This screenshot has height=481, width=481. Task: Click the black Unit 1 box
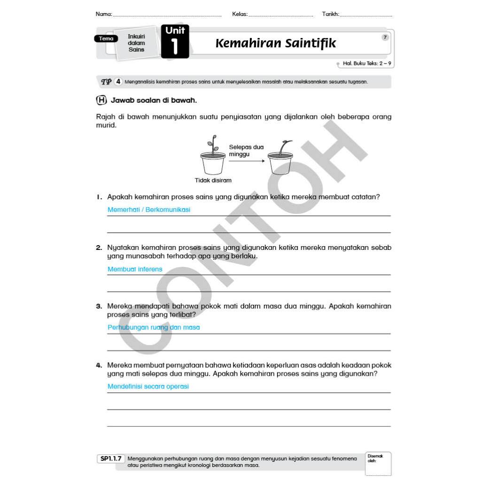click(175, 42)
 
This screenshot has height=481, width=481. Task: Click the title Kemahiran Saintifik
click(276, 44)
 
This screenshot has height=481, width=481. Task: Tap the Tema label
click(106, 39)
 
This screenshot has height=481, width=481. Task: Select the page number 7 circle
click(385, 38)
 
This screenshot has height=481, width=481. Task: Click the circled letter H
click(101, 100)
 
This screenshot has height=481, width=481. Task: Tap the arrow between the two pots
click(246, 161)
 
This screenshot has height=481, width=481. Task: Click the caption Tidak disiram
click(213, 180)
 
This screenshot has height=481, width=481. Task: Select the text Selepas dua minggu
click(246, 150)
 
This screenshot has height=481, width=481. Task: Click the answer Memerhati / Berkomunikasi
click(149, 210)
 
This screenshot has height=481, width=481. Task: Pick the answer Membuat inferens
click(135, 269)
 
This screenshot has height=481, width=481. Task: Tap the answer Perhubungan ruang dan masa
click(154, 327)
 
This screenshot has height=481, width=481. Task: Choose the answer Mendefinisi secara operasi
click(148, 387)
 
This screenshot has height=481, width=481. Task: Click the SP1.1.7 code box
click(111, 458)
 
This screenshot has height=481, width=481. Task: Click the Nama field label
click(104, 14)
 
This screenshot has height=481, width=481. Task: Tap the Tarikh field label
click(331, 14)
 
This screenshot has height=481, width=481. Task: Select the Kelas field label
click(240, 14)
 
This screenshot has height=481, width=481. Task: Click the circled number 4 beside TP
click(118, 82)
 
